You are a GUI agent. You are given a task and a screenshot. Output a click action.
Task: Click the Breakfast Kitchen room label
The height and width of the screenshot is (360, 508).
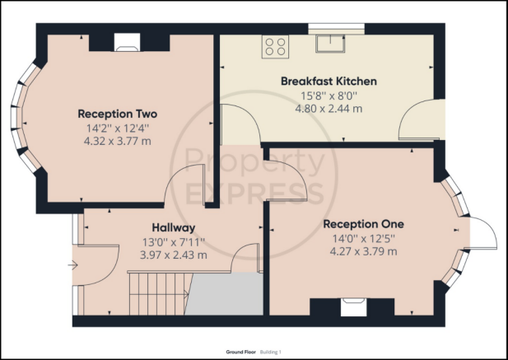click(329, 81)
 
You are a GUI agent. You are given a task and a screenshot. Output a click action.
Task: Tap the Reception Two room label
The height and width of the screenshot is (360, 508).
click(117, 114)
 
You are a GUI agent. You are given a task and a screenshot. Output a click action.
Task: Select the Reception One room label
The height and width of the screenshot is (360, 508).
click(364, 224)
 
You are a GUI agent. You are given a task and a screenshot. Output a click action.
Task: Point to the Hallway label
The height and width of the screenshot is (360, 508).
click(174, 228)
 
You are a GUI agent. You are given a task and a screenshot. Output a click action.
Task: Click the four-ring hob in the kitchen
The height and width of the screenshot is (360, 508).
click(275, 47)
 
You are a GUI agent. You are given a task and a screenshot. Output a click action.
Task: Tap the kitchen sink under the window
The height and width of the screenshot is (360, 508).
click(330, 44)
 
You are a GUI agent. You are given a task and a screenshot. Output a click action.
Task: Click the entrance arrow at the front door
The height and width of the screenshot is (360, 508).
click(73, 265)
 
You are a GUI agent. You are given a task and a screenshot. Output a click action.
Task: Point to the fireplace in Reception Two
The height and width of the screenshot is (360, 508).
click(128, 42)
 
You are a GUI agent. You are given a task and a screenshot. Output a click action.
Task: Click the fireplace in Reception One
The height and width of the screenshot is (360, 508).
click(354, 306)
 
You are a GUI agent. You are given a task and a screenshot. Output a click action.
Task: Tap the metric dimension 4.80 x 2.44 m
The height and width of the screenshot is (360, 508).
click(329, 109)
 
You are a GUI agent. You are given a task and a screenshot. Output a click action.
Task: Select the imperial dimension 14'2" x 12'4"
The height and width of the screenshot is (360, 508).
click(117, 129)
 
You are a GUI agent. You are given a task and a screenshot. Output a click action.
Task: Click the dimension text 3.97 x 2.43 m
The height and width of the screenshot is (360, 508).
click(174, 255)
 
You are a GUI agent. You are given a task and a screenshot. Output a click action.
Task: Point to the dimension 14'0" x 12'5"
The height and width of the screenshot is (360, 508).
click(364, 239)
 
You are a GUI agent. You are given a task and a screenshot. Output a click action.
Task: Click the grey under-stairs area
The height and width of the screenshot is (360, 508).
click(225, 294)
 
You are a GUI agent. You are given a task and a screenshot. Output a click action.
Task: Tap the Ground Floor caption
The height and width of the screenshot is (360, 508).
click(240, 353)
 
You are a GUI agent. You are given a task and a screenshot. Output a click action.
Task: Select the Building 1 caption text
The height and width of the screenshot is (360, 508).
click(271, 353)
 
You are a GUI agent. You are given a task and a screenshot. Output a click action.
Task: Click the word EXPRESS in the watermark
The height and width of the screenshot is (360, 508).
click(255, 194)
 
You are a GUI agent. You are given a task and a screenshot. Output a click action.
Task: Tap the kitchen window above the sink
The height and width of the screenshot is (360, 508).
click(336, 29)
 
